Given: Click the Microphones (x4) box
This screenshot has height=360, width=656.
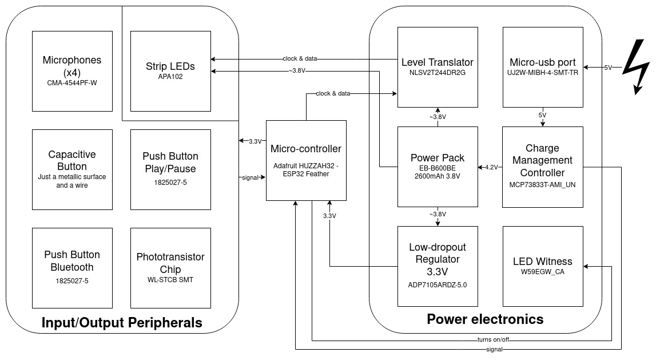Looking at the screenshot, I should (72, 71).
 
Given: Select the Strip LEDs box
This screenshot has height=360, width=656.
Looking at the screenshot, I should (170, 71).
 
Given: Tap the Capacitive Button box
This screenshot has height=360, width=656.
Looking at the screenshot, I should (72, 169).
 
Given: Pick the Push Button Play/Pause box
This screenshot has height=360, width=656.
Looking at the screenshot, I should (170, 169).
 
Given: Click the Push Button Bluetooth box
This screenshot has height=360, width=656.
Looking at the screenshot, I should (72, 267).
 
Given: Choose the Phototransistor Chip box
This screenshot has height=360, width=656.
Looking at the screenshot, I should (170, 267).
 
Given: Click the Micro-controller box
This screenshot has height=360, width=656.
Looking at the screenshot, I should (306, 160).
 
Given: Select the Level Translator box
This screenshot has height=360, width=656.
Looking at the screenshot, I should (438, 67).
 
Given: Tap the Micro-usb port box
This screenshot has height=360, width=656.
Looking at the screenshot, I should (543, 67).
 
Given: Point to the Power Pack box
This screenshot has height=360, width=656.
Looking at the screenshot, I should (438, 167).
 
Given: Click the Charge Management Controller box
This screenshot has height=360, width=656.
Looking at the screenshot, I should (543, 167).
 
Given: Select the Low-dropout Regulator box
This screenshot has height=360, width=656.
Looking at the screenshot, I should (438, 266).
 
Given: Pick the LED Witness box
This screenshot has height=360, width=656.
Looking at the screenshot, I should (543, 266).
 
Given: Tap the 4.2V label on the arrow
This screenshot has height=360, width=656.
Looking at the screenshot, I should (491, 167).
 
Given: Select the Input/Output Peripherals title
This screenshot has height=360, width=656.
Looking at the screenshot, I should (122, 323).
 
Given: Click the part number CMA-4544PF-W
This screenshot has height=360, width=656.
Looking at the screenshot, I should (72, 82).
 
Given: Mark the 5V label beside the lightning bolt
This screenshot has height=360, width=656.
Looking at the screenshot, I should (607, 68).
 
